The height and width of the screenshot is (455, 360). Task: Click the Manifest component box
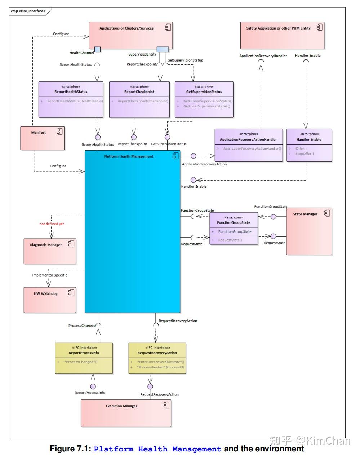42,138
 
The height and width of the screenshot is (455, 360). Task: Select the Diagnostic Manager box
50,251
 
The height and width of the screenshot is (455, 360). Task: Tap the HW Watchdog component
50,300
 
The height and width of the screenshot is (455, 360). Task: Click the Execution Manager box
126,412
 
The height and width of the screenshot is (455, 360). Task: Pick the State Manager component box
309,231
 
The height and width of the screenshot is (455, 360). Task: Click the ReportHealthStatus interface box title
71,92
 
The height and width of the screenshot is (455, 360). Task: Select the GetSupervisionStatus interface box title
204,92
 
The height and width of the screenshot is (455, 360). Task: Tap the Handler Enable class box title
309,139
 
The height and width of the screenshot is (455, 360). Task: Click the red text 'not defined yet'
52,224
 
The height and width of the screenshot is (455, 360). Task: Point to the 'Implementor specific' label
50,275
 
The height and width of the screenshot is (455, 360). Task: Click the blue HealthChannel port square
97,49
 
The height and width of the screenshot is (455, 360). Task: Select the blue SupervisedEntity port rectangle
163,49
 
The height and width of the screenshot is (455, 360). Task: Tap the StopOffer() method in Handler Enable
305,154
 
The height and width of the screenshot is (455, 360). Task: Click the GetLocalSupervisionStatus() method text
206,106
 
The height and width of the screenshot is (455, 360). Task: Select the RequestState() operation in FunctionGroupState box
230,240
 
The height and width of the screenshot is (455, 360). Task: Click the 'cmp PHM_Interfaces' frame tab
28,11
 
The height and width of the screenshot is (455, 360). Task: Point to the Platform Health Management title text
129,156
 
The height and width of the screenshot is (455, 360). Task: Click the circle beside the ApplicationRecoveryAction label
194,156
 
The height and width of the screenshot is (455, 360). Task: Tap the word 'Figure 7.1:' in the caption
70,449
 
